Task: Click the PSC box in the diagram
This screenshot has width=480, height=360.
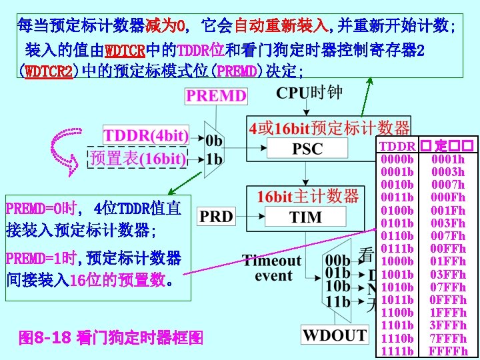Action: pyautogui.click(x=307, y=149)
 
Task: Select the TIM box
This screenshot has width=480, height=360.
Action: pyautogui.click(x=306, y=217)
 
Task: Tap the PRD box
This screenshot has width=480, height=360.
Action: pyautogui.click(x=216, y=217)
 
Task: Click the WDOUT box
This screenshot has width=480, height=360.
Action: pyautogui.click(x=335, y=335)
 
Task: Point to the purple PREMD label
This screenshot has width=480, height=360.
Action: pyautogui.click(x=216, y=95)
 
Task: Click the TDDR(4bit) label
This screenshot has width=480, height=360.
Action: pyautogui.click(x=145, y=135)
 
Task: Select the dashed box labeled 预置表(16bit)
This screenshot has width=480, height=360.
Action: pyautogui.click(x=137, y=158)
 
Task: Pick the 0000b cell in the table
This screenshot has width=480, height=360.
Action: pyautogui.click(x=397, y=159)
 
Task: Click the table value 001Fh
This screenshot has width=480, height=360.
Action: pyautogui.click(x=447, y=211)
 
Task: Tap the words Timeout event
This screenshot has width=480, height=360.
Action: pyautogui.click(x=272, y=267)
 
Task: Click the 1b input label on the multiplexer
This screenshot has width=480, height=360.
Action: pyautogui.click(x=215, y=159)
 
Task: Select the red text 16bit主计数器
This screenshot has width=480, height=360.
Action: pyautogui.click(x=307, y=196)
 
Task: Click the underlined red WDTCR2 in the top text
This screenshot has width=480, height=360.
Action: pyautogui.click(x=49, y=71)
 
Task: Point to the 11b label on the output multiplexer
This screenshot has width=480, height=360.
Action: pyautogui.click(x=338, y=301)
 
